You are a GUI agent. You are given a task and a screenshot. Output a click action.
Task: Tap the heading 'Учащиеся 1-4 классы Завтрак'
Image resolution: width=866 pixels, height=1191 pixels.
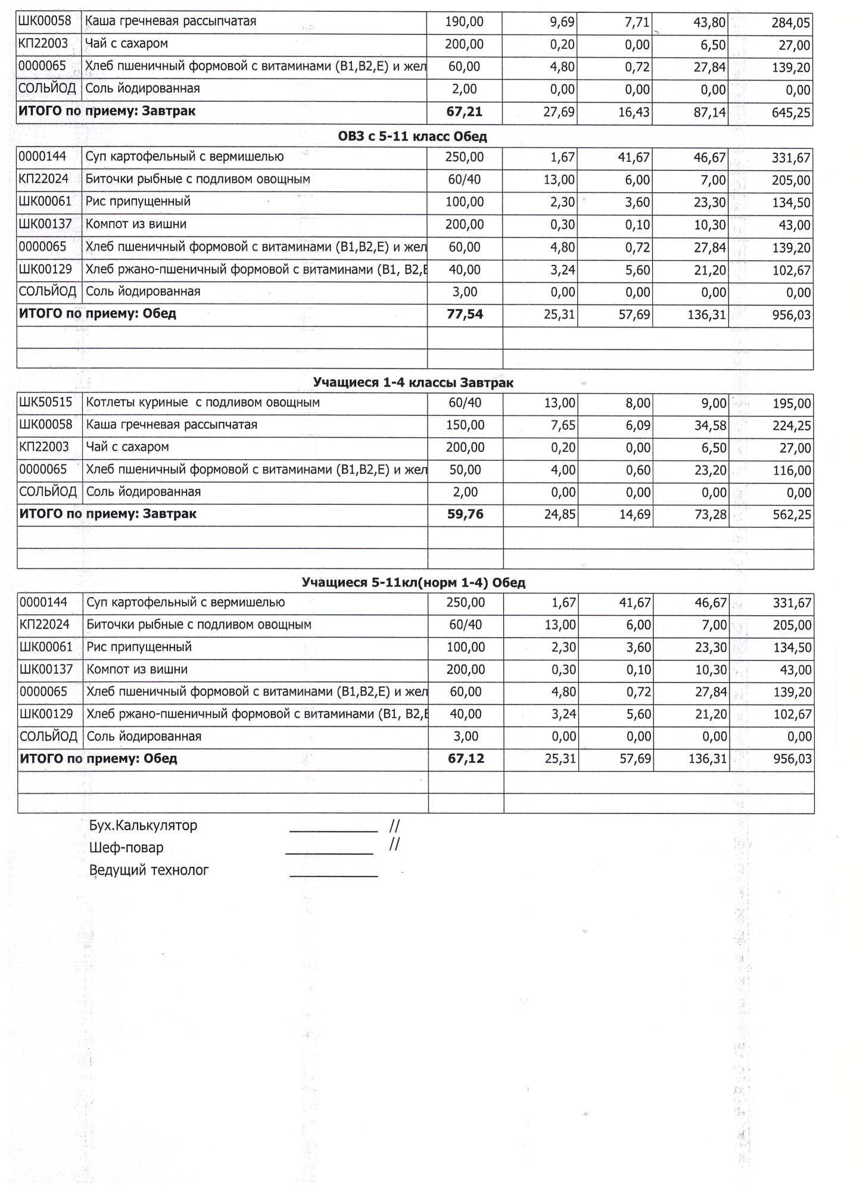(413, 382)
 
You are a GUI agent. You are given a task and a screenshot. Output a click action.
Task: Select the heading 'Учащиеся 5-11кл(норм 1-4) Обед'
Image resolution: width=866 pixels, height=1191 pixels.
(413, 582)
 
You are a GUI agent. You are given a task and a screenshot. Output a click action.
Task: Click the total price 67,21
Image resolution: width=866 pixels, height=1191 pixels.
(465, 112)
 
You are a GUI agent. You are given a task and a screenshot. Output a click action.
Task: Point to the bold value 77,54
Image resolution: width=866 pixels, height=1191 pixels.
(465, 314)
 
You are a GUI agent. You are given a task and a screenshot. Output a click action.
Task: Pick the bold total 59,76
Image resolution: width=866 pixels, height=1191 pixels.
(465, 514)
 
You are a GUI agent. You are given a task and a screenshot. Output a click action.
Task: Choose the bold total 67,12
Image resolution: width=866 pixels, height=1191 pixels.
(466, 759)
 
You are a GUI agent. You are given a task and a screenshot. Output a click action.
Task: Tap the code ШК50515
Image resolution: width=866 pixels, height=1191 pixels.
(46, 403)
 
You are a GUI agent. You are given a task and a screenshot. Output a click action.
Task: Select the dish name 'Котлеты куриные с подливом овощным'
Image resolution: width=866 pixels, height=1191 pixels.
(203, 403)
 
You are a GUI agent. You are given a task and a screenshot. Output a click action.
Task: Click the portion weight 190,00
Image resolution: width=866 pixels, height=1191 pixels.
(465, 22)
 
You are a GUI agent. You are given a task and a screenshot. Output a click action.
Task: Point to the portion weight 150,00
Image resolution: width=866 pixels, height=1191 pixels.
(465, 425)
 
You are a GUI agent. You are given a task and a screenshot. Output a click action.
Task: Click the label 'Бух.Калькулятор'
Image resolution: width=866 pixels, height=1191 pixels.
(143, 825)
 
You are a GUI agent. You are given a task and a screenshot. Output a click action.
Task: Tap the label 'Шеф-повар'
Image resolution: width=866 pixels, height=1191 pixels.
(126, 847)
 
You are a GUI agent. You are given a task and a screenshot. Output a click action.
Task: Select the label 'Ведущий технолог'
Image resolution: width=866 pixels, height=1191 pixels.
(149, 870)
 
